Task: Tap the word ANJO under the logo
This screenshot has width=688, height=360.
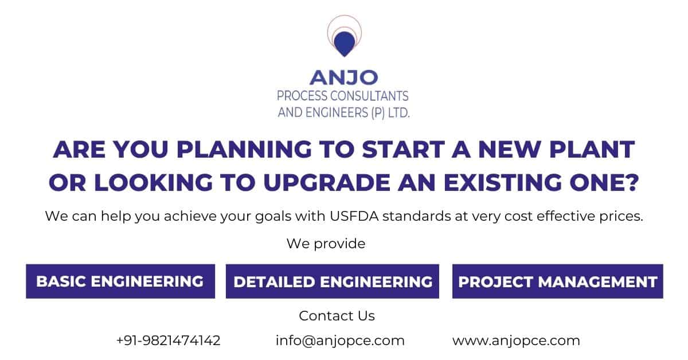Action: (344, 77)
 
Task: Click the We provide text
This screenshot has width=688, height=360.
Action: (326, 244)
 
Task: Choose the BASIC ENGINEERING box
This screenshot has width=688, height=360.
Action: (120, 281)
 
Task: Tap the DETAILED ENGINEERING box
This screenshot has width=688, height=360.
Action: (333, 281)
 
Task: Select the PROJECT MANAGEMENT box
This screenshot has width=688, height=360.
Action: (557, 281)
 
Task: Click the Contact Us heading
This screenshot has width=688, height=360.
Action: (337, 316)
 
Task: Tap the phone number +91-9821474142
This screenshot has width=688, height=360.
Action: (168, 341)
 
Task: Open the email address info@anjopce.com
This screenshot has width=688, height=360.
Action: (340, 341)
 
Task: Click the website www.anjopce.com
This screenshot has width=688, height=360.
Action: (516, 341)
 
